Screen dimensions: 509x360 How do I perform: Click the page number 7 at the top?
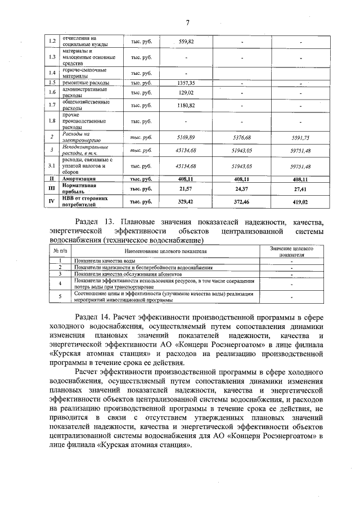187,22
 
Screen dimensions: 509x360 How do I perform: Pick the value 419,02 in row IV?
300,201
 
